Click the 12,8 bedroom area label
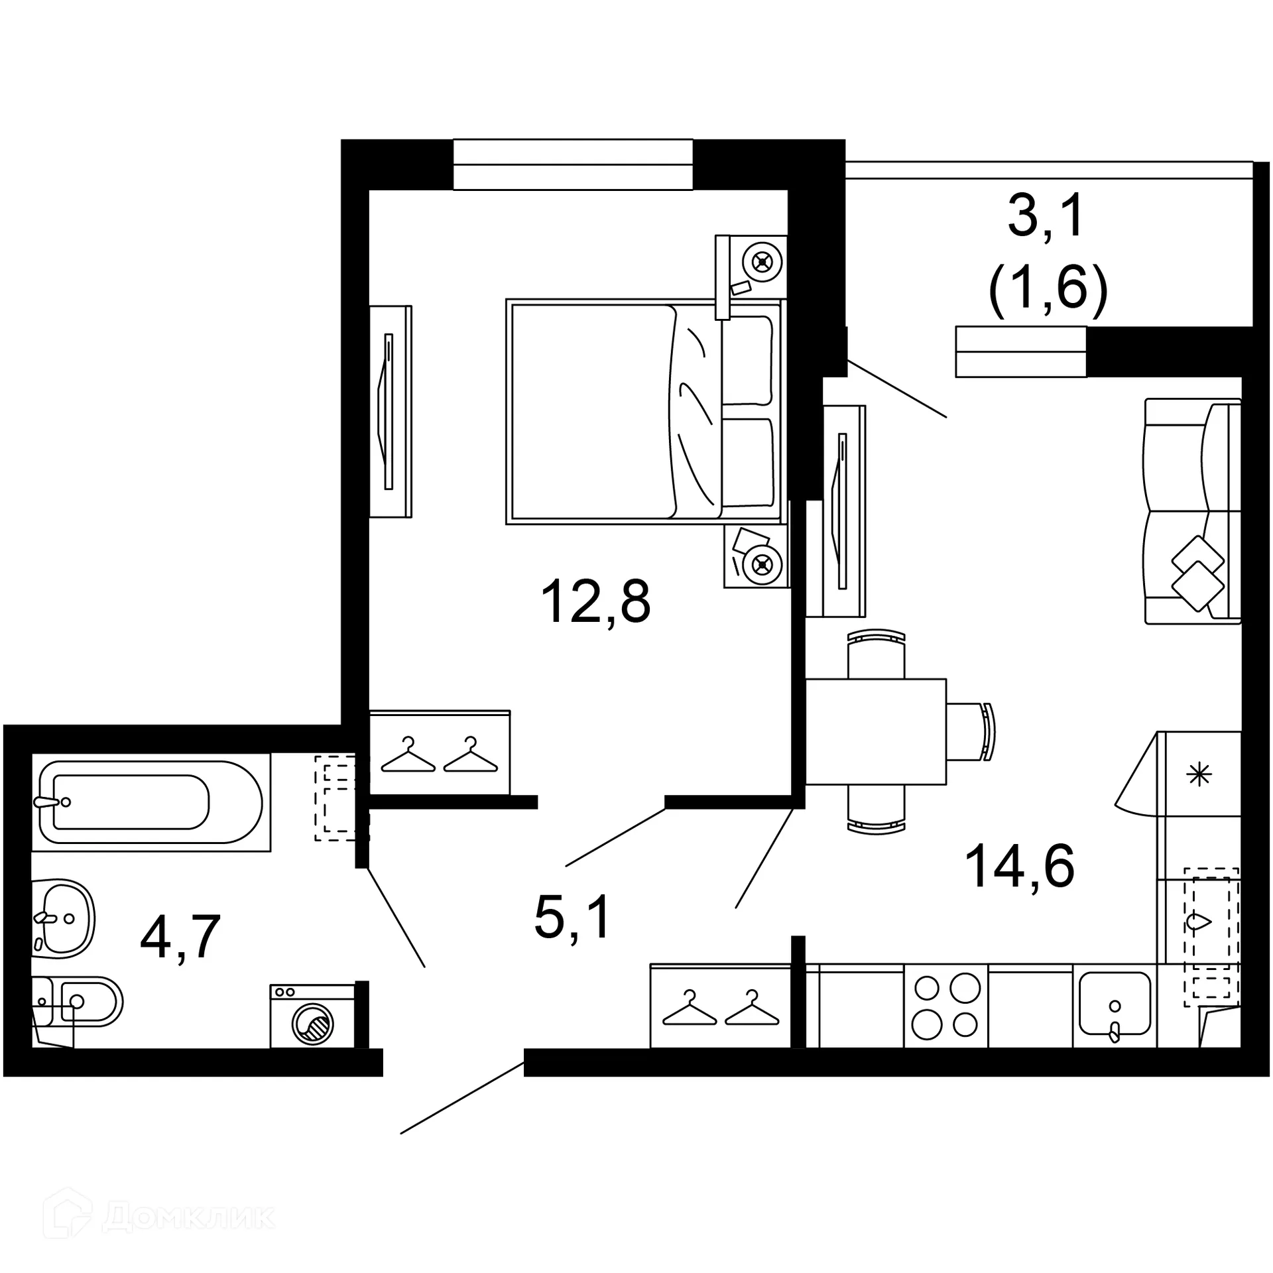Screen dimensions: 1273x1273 (595, 602)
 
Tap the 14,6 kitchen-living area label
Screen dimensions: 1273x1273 (1019, 866)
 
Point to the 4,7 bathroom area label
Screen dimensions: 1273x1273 (180, 937)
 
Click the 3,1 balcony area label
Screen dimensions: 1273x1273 (1047, 217)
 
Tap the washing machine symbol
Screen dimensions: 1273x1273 (312, 1016)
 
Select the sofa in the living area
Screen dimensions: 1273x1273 (1192, 511)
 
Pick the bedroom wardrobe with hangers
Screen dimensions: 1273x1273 (440, 753)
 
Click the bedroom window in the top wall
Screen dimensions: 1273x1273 (573, 164)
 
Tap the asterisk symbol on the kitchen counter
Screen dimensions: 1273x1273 (1199, 774)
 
